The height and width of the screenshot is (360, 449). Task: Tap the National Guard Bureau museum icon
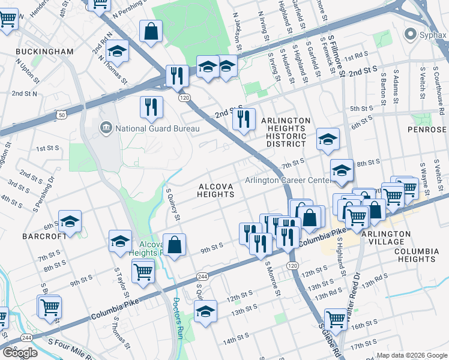coord(106,127)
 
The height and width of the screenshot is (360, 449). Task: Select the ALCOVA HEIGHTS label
coord(215,190)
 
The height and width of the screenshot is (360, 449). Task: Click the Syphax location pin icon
coord(410,34)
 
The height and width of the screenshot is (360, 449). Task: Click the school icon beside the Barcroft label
coord(70,221)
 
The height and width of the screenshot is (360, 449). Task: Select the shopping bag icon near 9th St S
coord(174,245)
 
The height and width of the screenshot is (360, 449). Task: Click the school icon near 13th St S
coord(205,311)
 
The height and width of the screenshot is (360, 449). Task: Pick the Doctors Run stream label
coord(178,318)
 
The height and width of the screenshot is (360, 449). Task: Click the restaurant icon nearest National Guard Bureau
coord(151,107)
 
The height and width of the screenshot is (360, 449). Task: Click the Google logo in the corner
coord(20,353)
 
